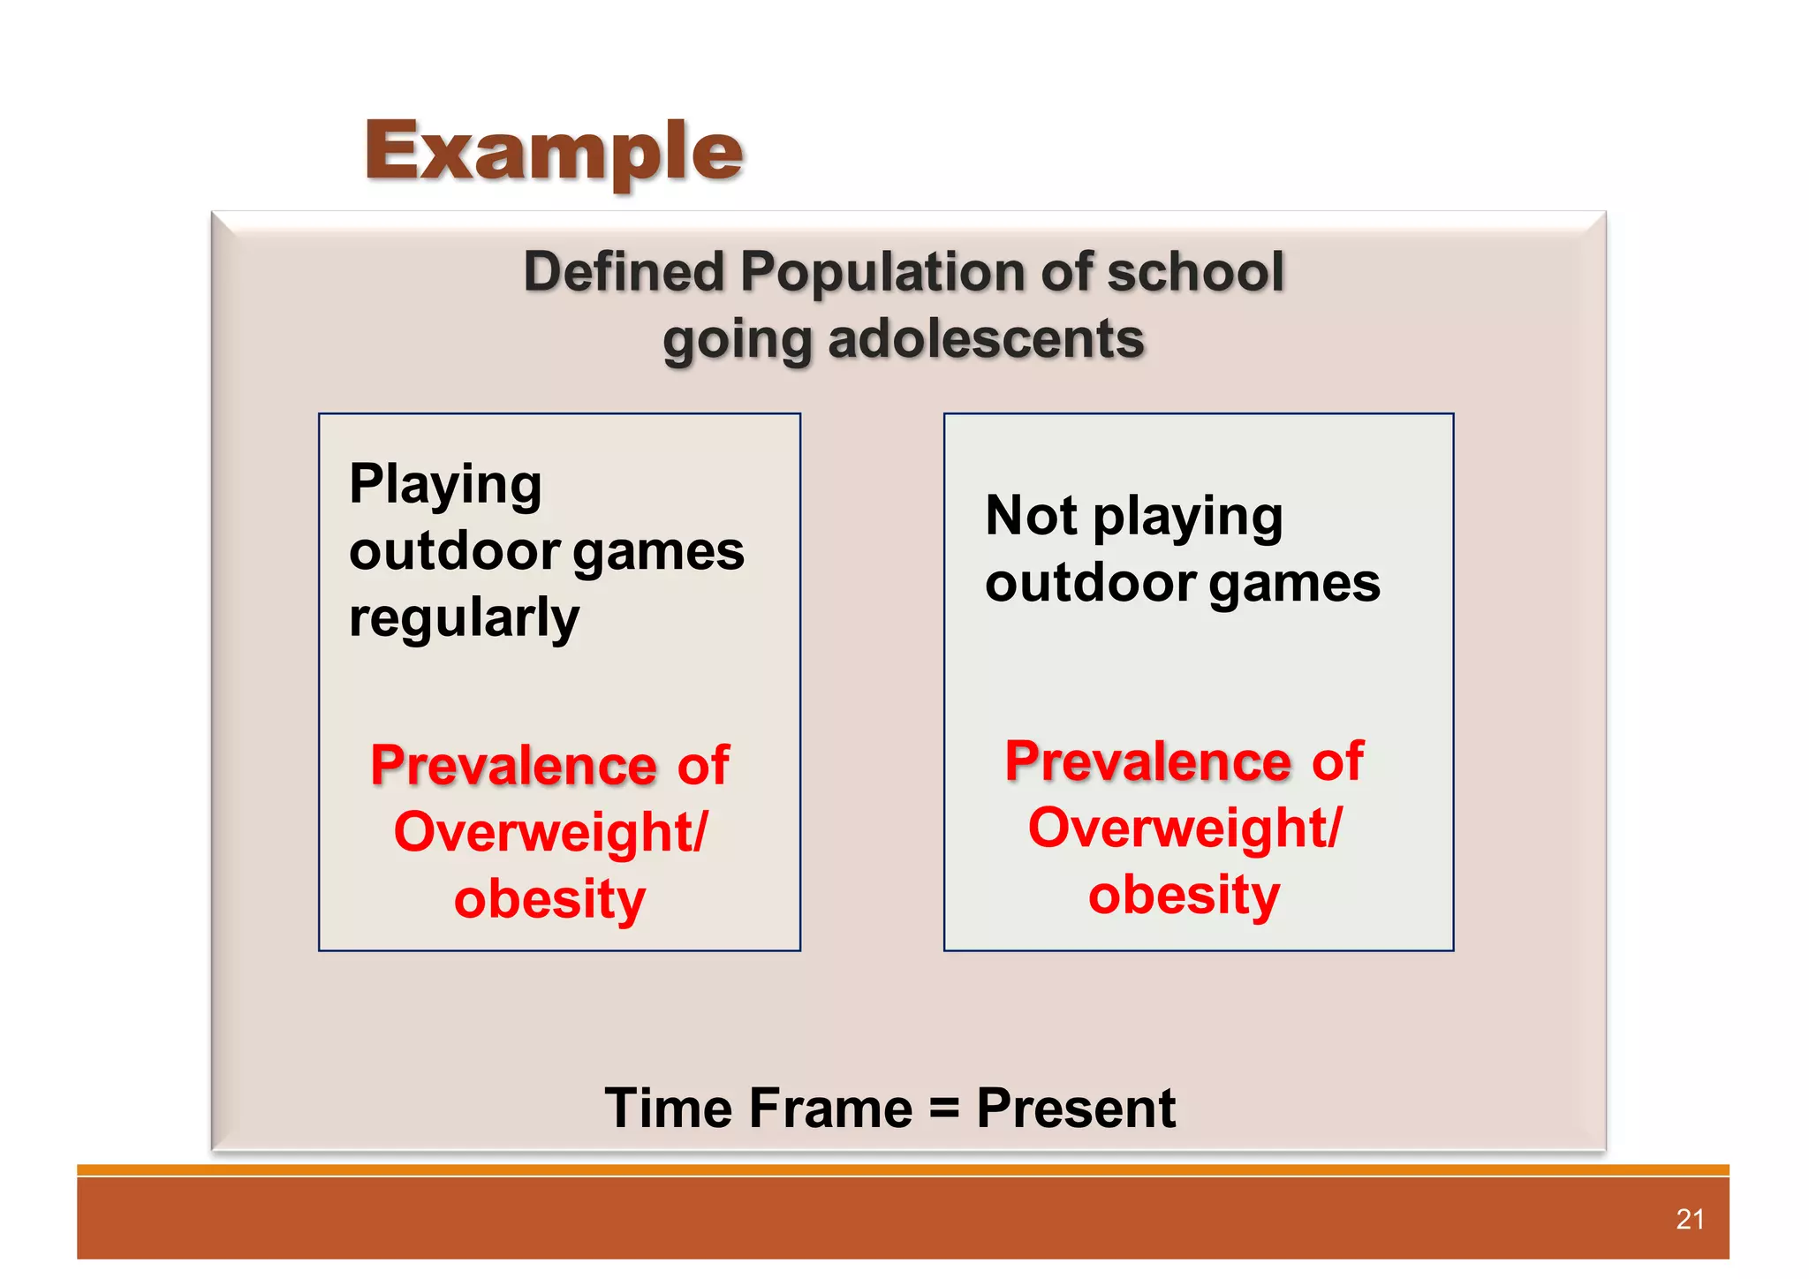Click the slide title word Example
554,152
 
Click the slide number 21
1689,1220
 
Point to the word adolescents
986,340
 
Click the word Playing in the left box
445,485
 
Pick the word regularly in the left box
464,617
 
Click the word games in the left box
658,553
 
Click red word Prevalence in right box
1147,761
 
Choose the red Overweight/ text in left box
550,832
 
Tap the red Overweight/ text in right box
1185,829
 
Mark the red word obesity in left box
549,899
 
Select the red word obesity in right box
1184,896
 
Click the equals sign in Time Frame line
944,1109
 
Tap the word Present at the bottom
1075,1109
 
